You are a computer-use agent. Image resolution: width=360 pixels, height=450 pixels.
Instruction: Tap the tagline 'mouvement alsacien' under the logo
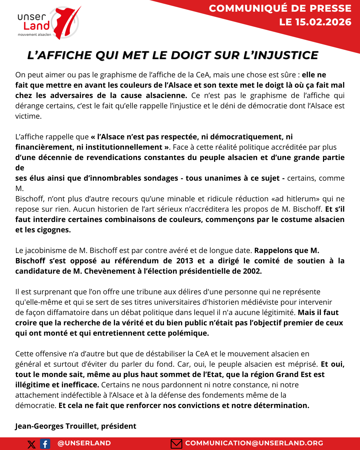coord(34,35)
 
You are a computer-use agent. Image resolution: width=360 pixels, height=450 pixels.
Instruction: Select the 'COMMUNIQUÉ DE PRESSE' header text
coord(280,8)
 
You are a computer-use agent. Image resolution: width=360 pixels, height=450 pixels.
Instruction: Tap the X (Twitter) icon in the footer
coord(32,444)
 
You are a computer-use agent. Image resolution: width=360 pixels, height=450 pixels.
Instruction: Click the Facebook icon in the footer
coord(45,444)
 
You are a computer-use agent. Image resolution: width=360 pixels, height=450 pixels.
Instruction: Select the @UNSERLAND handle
coord(84,443)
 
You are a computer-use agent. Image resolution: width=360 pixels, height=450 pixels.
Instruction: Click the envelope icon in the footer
coord(176,444)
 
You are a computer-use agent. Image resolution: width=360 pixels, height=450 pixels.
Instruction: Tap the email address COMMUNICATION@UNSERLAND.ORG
coord(254,443)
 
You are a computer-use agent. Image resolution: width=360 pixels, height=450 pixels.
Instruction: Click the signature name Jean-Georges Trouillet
coord(57,426)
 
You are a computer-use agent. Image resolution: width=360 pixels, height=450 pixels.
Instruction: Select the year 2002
coord(252,271)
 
